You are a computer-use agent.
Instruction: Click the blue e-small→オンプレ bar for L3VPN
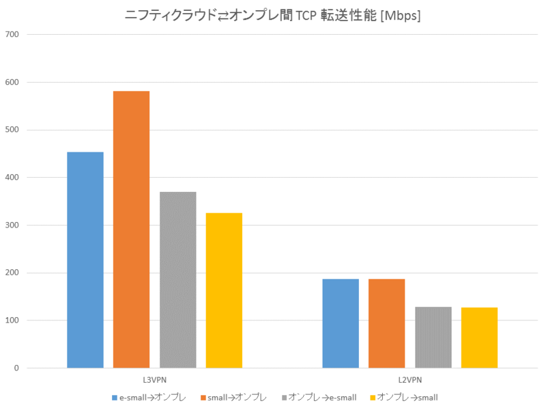(x=85, y=260)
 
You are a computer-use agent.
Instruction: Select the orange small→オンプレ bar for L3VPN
(x=131, y=230)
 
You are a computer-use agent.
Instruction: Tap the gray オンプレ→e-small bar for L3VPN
(x=177, y=280)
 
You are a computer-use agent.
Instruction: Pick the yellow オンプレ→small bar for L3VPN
(x=224, y=290)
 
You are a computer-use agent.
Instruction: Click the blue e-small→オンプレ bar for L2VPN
(x=341, y=323)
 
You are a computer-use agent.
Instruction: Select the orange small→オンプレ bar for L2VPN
(x=386, y=323)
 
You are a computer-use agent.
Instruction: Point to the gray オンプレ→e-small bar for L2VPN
(x=433, y=338)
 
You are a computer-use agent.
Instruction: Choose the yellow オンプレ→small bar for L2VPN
(x=479, y=338)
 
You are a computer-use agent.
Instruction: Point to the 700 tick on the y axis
(x=12, y=34)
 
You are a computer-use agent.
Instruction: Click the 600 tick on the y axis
(x=12, y=82)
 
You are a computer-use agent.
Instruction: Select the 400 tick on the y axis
(x=12, y=178)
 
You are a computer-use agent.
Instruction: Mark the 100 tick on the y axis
(x=12, y=320)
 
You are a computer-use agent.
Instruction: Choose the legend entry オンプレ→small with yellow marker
(x=407, y=397)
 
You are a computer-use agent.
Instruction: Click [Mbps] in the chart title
(x=397, y=15)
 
